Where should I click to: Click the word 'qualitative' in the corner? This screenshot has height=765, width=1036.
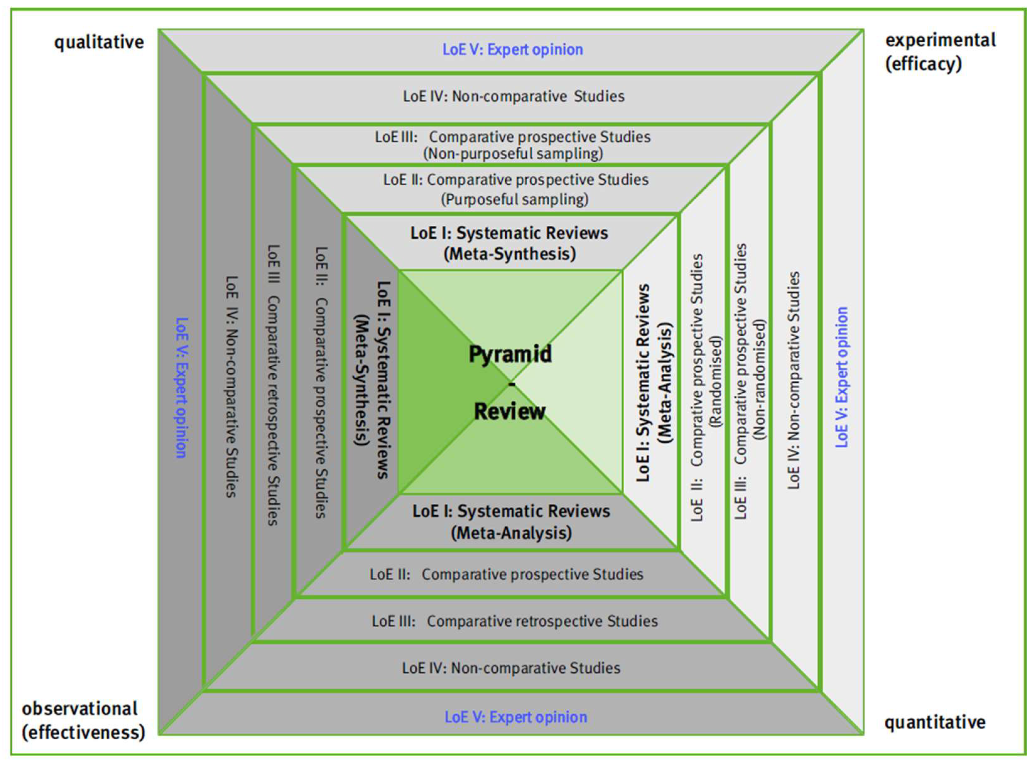click(x=99, y=42)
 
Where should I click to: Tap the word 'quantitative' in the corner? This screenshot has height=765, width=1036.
click(x=934, y=722)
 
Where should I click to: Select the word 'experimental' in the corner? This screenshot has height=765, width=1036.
click(x=940, y=40)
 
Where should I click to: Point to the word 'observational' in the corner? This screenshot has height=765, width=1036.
click(x=80, y=709)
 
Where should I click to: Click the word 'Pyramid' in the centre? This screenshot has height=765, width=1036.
click(x=510, y=354)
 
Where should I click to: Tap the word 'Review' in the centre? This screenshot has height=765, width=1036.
click(x=509, y=411)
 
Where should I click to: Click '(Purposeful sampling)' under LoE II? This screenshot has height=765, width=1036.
click(x=514, y=200)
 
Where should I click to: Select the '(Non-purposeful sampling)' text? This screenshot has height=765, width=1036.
click(x=513, y=153)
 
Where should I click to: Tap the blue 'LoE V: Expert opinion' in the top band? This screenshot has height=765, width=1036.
click(x=513, y=49)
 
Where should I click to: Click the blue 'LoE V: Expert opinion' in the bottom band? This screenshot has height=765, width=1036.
click(x=515, y=717)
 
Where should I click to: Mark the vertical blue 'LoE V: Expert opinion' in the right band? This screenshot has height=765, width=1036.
click(x=842, y=377)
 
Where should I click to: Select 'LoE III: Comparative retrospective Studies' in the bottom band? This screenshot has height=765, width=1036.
click(x=515, y=621)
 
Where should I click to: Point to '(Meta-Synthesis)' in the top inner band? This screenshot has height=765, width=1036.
click(x=509, y=254)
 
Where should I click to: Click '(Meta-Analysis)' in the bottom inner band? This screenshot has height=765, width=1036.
click(x=511, y=533)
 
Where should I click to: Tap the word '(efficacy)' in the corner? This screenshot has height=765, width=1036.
click(x=923, y=64)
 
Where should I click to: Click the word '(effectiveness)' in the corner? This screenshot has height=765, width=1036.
click(x=83, y=733)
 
